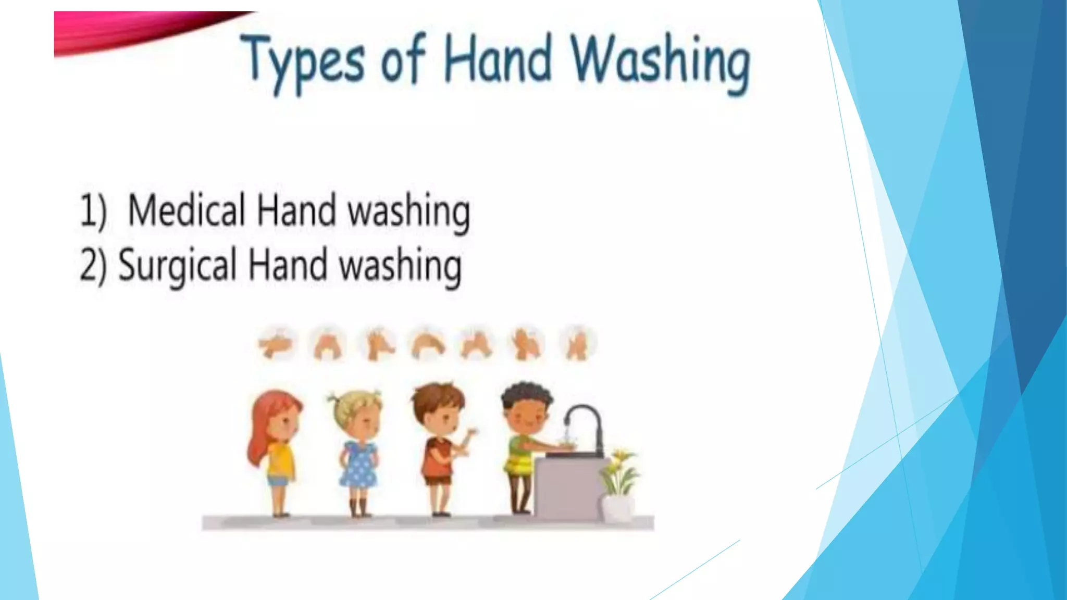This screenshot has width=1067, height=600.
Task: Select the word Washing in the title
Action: click(661, 63)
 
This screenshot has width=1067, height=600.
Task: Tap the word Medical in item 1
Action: click(186, 210)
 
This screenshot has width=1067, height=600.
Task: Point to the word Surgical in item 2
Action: click(178, 265)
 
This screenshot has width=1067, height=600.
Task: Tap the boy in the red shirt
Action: click(440, 448)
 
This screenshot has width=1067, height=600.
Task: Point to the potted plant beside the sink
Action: click(618, 482)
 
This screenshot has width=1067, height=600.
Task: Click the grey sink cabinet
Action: click(568, 487)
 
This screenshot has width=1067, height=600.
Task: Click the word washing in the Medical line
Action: click(409, 211)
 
